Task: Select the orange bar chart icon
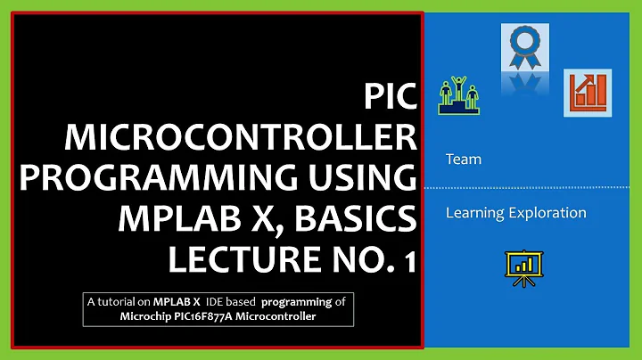586,93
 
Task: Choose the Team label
463,160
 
